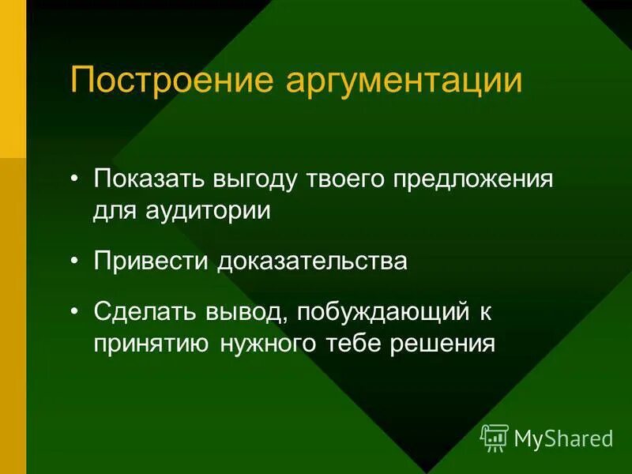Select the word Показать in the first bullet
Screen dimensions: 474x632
tap(148, 179)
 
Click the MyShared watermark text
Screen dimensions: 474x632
tap(563, 438)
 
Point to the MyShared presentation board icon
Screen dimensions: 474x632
tap(495, 438)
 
